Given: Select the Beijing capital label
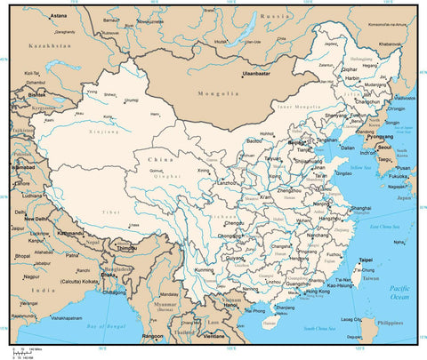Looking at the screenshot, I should pyautogui.click(x=299, y=141).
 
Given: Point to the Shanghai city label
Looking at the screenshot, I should pyautogui.click(x=360, y=208).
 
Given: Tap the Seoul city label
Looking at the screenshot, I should pyautogui.click(x=384, y=148).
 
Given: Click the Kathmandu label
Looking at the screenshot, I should pyautogui.click(x=70, y=233).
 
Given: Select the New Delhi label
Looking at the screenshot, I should pyautogui.click(x=37, y=218).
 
